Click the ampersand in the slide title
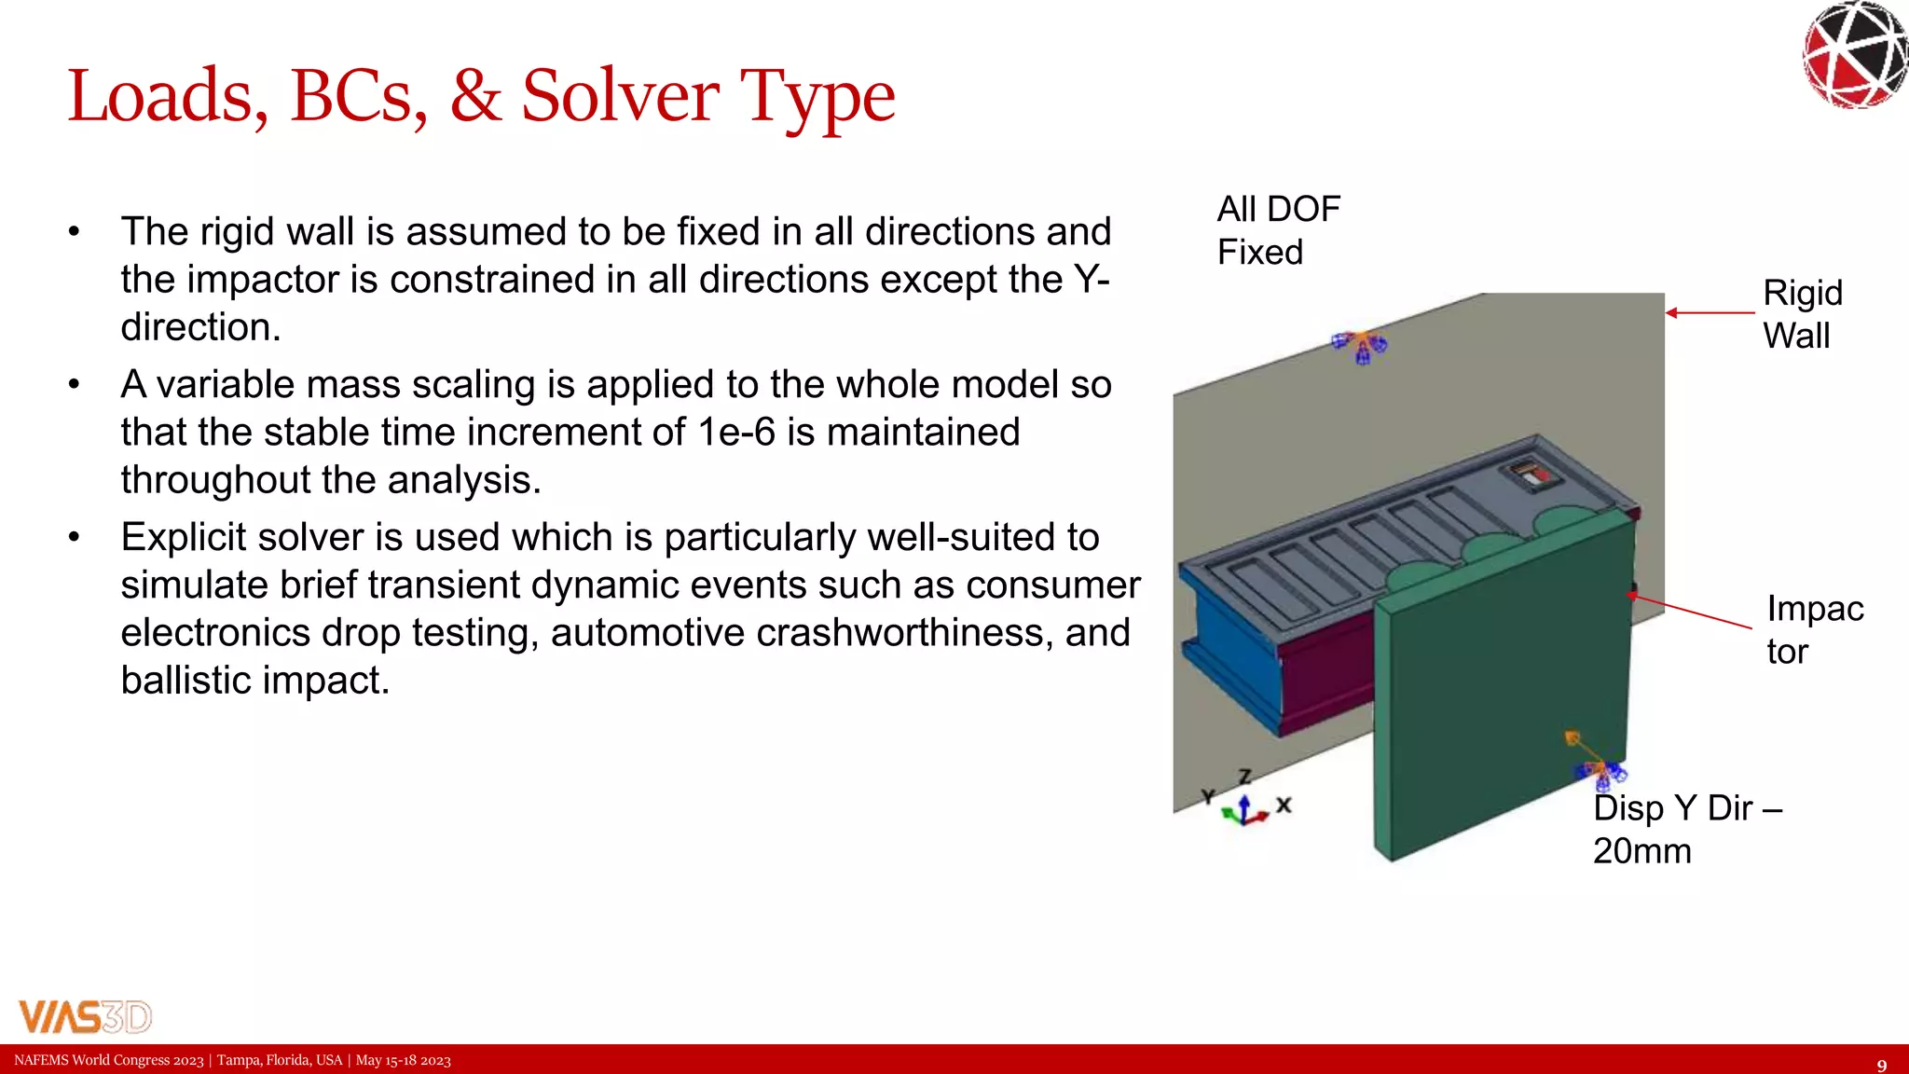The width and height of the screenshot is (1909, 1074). tap(475, 96)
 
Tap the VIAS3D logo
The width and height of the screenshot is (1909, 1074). tap(85, 1016)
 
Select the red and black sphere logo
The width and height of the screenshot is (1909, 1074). tap(1855, 54)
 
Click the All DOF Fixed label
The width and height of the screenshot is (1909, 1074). tap(1278, 230)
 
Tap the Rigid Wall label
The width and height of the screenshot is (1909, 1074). tap(1802, 314)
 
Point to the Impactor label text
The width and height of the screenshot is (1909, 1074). tap(1814, 629)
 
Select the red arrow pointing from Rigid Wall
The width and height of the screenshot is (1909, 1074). tap(1710, 313)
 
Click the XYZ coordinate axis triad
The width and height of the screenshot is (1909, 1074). tap(1246, 805)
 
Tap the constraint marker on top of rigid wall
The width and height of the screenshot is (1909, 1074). tap(1360, 346)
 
